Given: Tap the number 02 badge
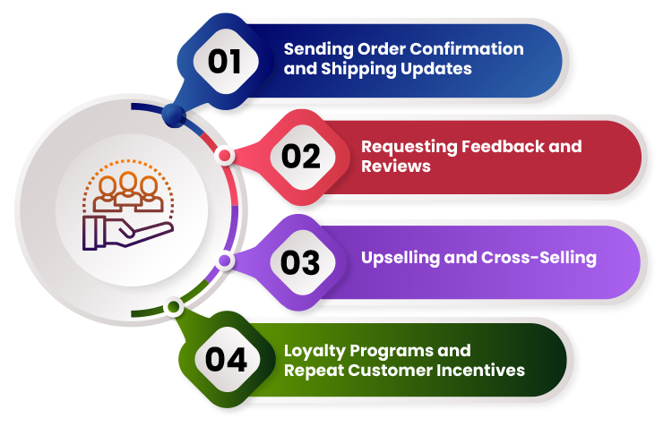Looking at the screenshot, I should [x=300, y=157].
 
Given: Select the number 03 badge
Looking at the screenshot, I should [x=300, y=262].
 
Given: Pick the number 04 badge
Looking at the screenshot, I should [x=226, y=359].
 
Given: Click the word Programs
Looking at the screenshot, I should [x=401, y=349].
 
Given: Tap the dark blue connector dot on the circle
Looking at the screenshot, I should [x=174, y=114].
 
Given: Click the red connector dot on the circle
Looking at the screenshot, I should [x=225, y=156].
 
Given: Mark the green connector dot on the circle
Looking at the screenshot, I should [x=174, y=307].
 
